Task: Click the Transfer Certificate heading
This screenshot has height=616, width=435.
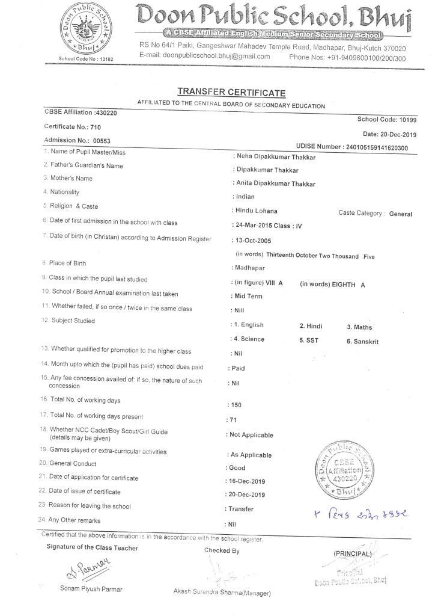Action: [231, 92]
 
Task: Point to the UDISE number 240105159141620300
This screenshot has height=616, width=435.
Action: [375, 148]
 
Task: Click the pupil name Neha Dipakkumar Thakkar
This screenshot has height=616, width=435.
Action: [276, 157]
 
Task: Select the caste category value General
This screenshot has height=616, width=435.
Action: [400, 214]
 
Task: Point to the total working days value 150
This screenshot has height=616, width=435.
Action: [236, 405]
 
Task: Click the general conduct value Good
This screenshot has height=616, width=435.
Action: [237, 467]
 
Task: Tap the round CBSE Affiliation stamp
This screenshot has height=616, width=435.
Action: [342, 470]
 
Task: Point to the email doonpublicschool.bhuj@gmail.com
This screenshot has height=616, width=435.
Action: [204, 57]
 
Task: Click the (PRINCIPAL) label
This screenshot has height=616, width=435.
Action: [353, 553]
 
